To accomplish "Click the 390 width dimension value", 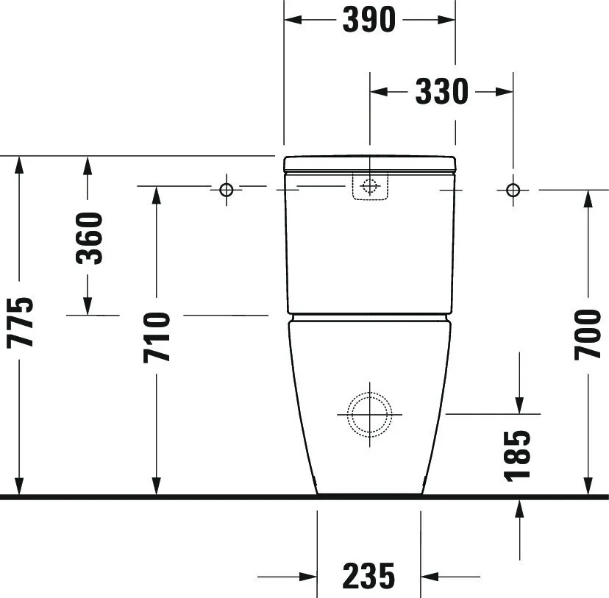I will [x=368, y=20].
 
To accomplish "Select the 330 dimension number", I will [x=441, y=92].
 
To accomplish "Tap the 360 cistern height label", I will [x=90, y=238].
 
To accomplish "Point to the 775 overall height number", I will [x=20, y=322].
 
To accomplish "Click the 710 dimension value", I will [x=157, y=337].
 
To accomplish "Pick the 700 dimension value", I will [x=588, y=334].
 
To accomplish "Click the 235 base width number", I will [x=368, y=576].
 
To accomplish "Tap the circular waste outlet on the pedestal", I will [x=370, y=413].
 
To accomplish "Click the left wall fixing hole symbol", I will [x=227, y=190].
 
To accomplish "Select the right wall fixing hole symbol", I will [x=513, y=190].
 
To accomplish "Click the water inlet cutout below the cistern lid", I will [x=370, y=186].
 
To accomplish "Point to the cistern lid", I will [x=370, y=163].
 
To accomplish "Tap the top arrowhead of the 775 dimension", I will [x=20, y=165].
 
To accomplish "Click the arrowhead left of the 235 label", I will [x=307, y=576].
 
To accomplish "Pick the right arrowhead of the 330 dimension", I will [x=503, y=92].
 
